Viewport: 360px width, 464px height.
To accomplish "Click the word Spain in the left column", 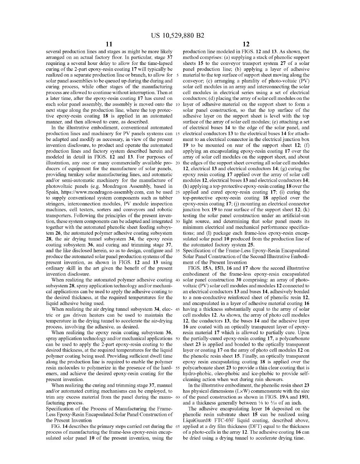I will point(53,192).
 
